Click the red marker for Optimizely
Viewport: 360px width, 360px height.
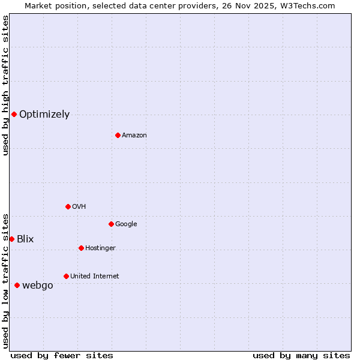[x=14, y=114]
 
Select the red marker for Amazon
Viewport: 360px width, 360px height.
[x=118, y=135]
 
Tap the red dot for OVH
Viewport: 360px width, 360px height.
[x=68, y=206]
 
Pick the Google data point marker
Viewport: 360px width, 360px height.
[x=111, y=224]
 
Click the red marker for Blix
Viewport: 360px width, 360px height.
[x=11, y=239]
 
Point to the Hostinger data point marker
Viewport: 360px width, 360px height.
[x=81, y=248]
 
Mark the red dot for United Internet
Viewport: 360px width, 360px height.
[x=66, y=276]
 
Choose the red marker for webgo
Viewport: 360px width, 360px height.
[x=17, y=285]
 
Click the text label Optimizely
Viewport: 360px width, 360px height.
[x=44, y=115]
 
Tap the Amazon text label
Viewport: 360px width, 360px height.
[x=134, y=136]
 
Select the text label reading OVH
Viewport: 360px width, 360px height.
[x=79, y=207]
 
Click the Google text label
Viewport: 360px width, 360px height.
[x=126, y=224]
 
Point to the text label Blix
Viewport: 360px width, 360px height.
[x=25, y=239]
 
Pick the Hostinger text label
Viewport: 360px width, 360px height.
[x=100, y=248]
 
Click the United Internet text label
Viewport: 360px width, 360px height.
[x=95, y=277]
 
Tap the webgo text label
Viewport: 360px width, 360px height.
[x=38, y=286]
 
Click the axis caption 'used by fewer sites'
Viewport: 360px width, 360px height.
[x=62, y=355]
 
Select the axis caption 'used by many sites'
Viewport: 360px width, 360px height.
[x=301, y=355]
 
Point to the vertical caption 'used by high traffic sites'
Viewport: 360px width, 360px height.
[x=5, y=85]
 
